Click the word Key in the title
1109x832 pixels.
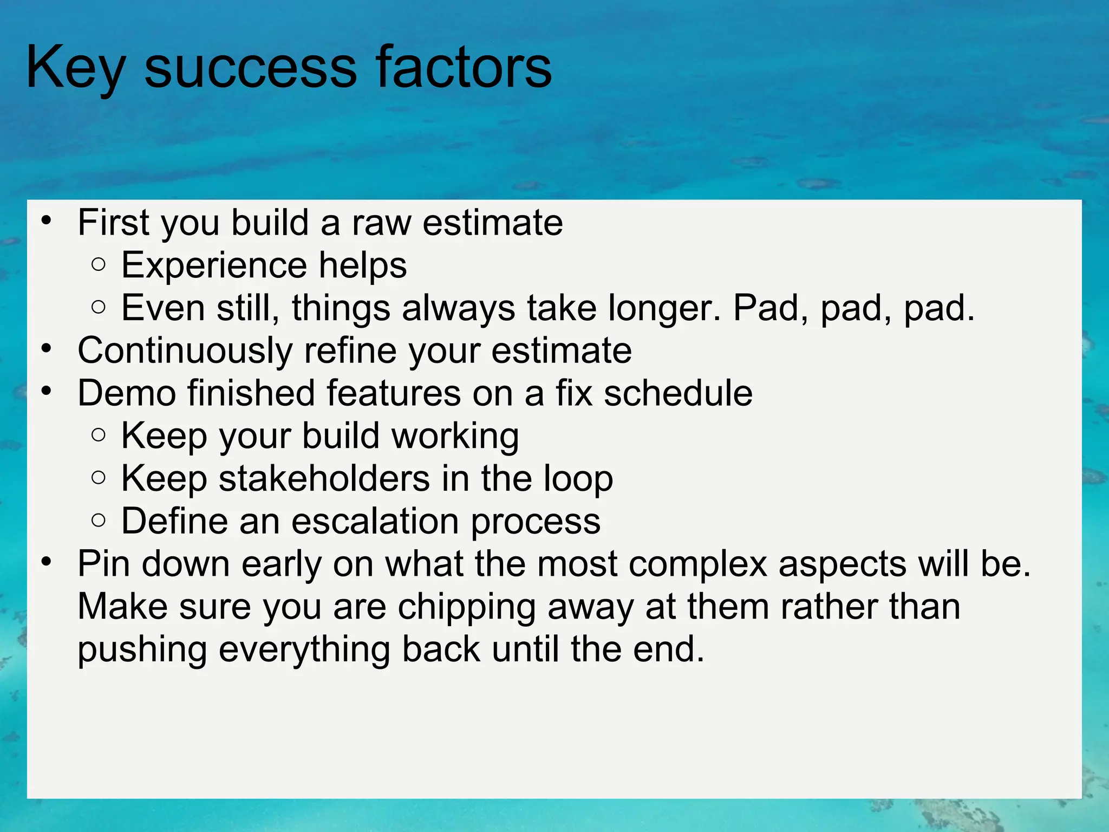click(75, 68)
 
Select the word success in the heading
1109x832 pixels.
click(251, 68)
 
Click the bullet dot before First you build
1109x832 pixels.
click(47, 220)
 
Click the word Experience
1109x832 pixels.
click(214, 265)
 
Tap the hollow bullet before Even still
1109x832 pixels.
click(98, 308)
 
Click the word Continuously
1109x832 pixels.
click(185, 350)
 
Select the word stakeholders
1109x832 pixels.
click(324, 478)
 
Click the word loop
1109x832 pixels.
click(578, 479)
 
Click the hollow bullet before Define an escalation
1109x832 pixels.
click(98, 521)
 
